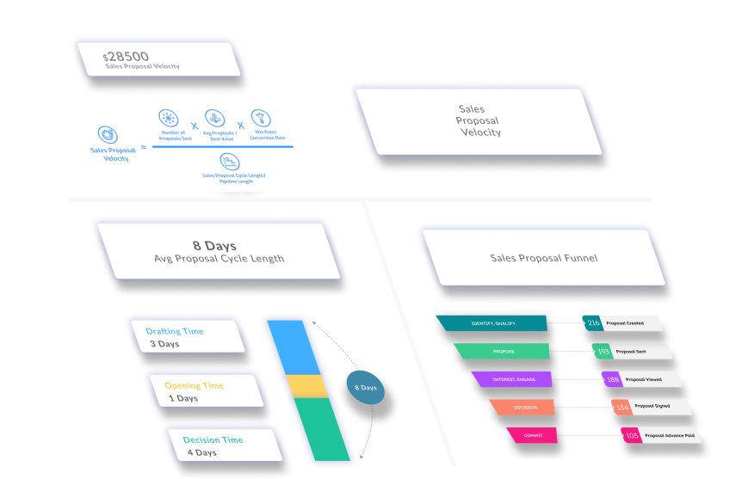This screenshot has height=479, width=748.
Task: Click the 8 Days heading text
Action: point(214,246)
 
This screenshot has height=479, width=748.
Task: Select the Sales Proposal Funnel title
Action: point(543,258)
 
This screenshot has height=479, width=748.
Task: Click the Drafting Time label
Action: point(175,331)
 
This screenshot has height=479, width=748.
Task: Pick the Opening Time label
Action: point(194,385)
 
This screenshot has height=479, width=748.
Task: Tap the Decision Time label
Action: point(213,439)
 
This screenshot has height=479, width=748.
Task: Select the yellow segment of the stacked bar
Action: point(307,386)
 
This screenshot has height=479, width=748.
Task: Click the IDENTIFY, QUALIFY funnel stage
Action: point(492,323)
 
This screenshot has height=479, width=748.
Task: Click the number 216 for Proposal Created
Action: point(593,323)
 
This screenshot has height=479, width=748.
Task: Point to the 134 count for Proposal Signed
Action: point(621,407)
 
